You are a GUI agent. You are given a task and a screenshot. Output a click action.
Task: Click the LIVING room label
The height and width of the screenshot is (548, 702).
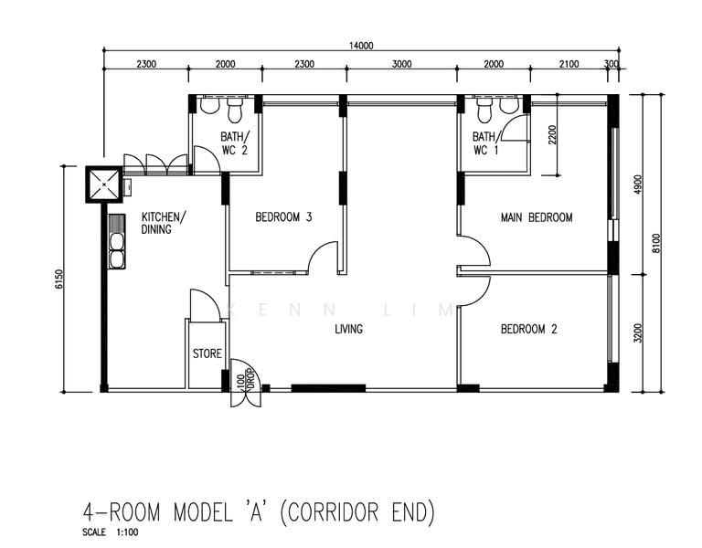point(349,329)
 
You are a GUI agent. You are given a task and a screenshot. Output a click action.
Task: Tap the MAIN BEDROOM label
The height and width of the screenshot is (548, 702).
point(537,217)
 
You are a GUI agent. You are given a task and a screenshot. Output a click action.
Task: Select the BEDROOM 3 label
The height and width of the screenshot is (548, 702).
point(283,217)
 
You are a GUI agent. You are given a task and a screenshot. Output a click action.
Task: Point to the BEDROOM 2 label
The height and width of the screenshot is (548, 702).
point(528,329)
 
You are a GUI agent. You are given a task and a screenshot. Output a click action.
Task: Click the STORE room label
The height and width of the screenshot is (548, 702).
point(207,353)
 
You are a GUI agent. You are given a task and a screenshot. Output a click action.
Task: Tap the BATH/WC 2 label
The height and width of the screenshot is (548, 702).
point(235,143)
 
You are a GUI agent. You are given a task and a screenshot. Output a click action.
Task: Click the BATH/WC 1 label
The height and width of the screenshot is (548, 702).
point(485,143)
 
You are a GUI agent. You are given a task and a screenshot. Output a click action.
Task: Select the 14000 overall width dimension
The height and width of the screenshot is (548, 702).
point(361,46)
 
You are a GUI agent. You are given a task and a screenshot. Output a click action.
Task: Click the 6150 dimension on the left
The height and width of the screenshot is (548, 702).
point(59,279)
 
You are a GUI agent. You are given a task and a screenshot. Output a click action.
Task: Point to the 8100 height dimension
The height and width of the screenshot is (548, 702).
point(656,243)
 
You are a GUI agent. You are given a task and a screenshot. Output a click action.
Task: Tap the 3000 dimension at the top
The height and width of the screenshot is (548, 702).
point(401,64)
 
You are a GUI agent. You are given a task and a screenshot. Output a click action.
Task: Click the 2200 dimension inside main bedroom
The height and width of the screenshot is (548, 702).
point(552,134)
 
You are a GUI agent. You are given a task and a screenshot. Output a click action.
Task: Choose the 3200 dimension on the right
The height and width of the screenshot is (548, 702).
point(638,333)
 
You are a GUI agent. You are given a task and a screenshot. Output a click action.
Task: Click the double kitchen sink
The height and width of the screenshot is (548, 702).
point(117,241)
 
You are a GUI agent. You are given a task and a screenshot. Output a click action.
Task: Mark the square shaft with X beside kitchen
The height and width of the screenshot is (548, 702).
point(104,184)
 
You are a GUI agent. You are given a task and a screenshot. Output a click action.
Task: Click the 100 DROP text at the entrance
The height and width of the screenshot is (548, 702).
point(246,380)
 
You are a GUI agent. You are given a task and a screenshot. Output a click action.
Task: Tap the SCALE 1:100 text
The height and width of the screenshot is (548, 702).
point(110,532)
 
